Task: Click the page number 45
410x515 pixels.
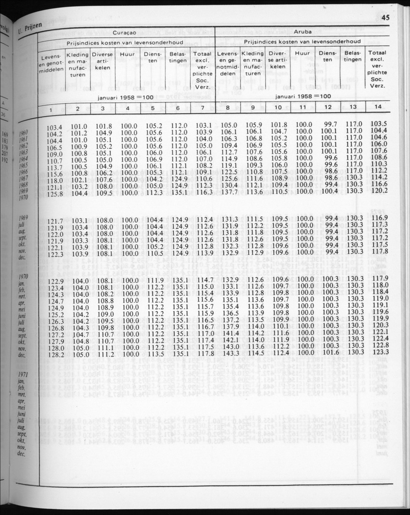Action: pos(385,18)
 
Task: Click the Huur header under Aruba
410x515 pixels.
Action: pos(302,54)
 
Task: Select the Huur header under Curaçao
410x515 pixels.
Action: pos(127,54)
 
